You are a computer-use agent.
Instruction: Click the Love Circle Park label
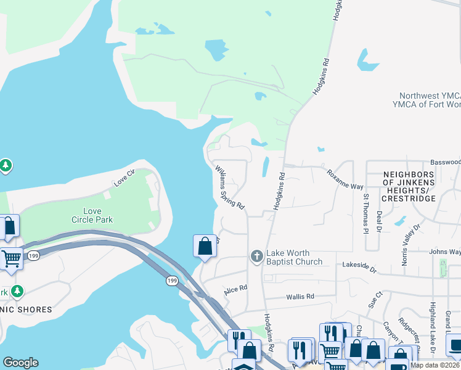(92, 215)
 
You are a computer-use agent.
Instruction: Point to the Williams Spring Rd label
(230, 187)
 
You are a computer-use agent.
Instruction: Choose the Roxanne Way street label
(345, 179)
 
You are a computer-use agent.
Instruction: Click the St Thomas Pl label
(365, 214)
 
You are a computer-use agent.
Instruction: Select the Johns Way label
(445, 252)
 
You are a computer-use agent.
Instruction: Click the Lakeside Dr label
(359, 265)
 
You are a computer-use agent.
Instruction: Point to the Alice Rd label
(235, 289)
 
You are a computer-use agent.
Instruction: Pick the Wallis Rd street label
(301, 297)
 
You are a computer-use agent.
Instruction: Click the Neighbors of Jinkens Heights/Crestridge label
(409, 186)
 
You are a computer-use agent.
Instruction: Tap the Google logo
(20, 363)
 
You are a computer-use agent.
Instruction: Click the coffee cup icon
(454, 344)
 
